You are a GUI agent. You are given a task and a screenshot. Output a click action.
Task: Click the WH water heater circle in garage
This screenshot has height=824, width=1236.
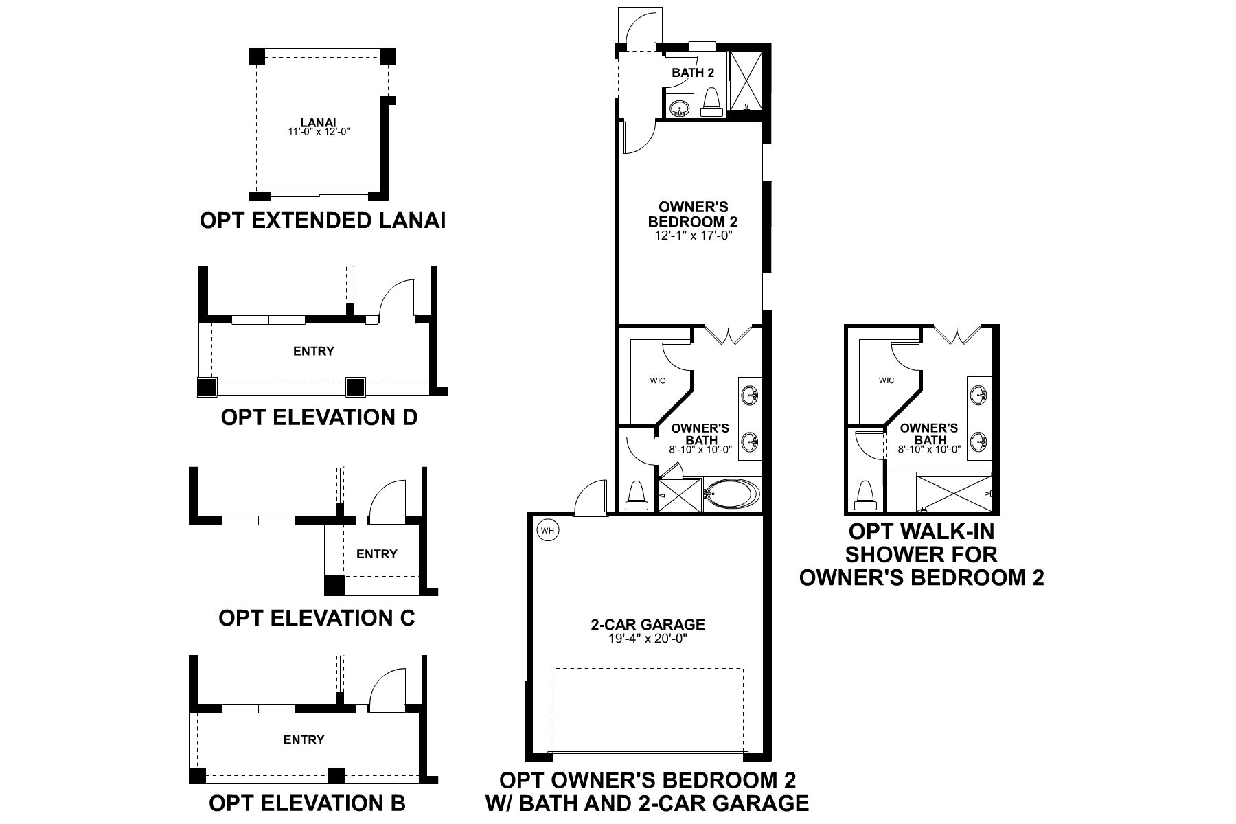pyautogui.click(x=547, y=530)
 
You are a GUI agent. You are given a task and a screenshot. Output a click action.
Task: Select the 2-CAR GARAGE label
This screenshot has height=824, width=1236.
pyautogui.click(x=648, y=624)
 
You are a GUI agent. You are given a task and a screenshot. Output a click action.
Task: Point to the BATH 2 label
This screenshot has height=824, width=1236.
pyautogui.click(x=693, y=73)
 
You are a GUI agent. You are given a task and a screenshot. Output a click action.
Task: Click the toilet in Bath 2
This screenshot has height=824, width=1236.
pyautogui.click(x=711, y=102)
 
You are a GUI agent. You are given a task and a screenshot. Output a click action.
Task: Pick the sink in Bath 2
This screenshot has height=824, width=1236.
pyautogui.click(x=680, y=108)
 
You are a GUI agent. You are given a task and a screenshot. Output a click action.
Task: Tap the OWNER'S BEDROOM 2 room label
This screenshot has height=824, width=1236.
pyautogui.click(x=693, y=214)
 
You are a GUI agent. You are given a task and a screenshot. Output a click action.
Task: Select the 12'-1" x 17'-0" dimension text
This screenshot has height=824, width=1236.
pyautogui.click(x=693, y=235)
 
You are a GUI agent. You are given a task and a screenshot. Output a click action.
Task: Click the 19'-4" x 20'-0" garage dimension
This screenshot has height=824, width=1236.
pyautogui.click(x=648, y=639)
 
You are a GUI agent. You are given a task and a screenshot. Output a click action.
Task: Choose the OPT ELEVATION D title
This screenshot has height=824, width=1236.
pyautogui.click(x=319, y=417)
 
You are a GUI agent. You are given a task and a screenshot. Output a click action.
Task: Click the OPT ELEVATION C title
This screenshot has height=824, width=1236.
pyautogui.click(x=317, y=617)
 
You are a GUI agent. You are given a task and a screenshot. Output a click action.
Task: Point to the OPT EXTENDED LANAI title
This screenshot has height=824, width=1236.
pyautogui.click(x=323, y=220)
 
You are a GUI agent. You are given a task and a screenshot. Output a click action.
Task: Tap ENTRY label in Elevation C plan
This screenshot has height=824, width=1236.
pyautogui.click(x=377, y=553)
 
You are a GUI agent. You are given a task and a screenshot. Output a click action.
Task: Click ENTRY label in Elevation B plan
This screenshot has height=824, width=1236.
pyautogui.click(x=304, y=740)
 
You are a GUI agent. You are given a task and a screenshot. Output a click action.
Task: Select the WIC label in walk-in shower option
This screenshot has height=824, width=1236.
pyautogui.click(x=886, y=380)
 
